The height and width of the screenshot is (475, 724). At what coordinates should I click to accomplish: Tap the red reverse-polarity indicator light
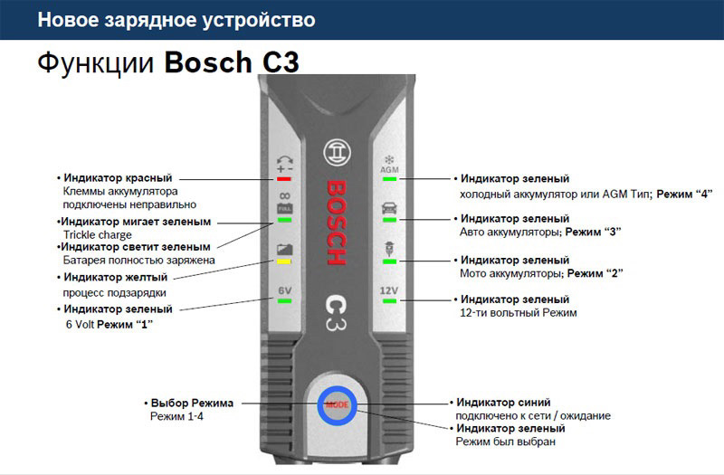(x=283, y=179)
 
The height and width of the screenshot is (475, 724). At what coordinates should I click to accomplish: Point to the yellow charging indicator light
(x=283, y=260)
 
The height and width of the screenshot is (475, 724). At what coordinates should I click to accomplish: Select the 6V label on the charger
(x=283, y=290)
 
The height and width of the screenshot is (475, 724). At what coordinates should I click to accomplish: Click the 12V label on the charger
(x=389, y=290)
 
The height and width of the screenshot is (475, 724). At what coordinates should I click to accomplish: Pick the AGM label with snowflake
(x=389, y=165)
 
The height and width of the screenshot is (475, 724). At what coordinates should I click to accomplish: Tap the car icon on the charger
(x=389, y=207)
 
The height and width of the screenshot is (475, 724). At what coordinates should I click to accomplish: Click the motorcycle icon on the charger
(x=389, y=247)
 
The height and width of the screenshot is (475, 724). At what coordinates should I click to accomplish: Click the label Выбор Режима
(x=192, y=403)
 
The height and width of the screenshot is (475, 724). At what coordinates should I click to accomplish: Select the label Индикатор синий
(x=503, y=402)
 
